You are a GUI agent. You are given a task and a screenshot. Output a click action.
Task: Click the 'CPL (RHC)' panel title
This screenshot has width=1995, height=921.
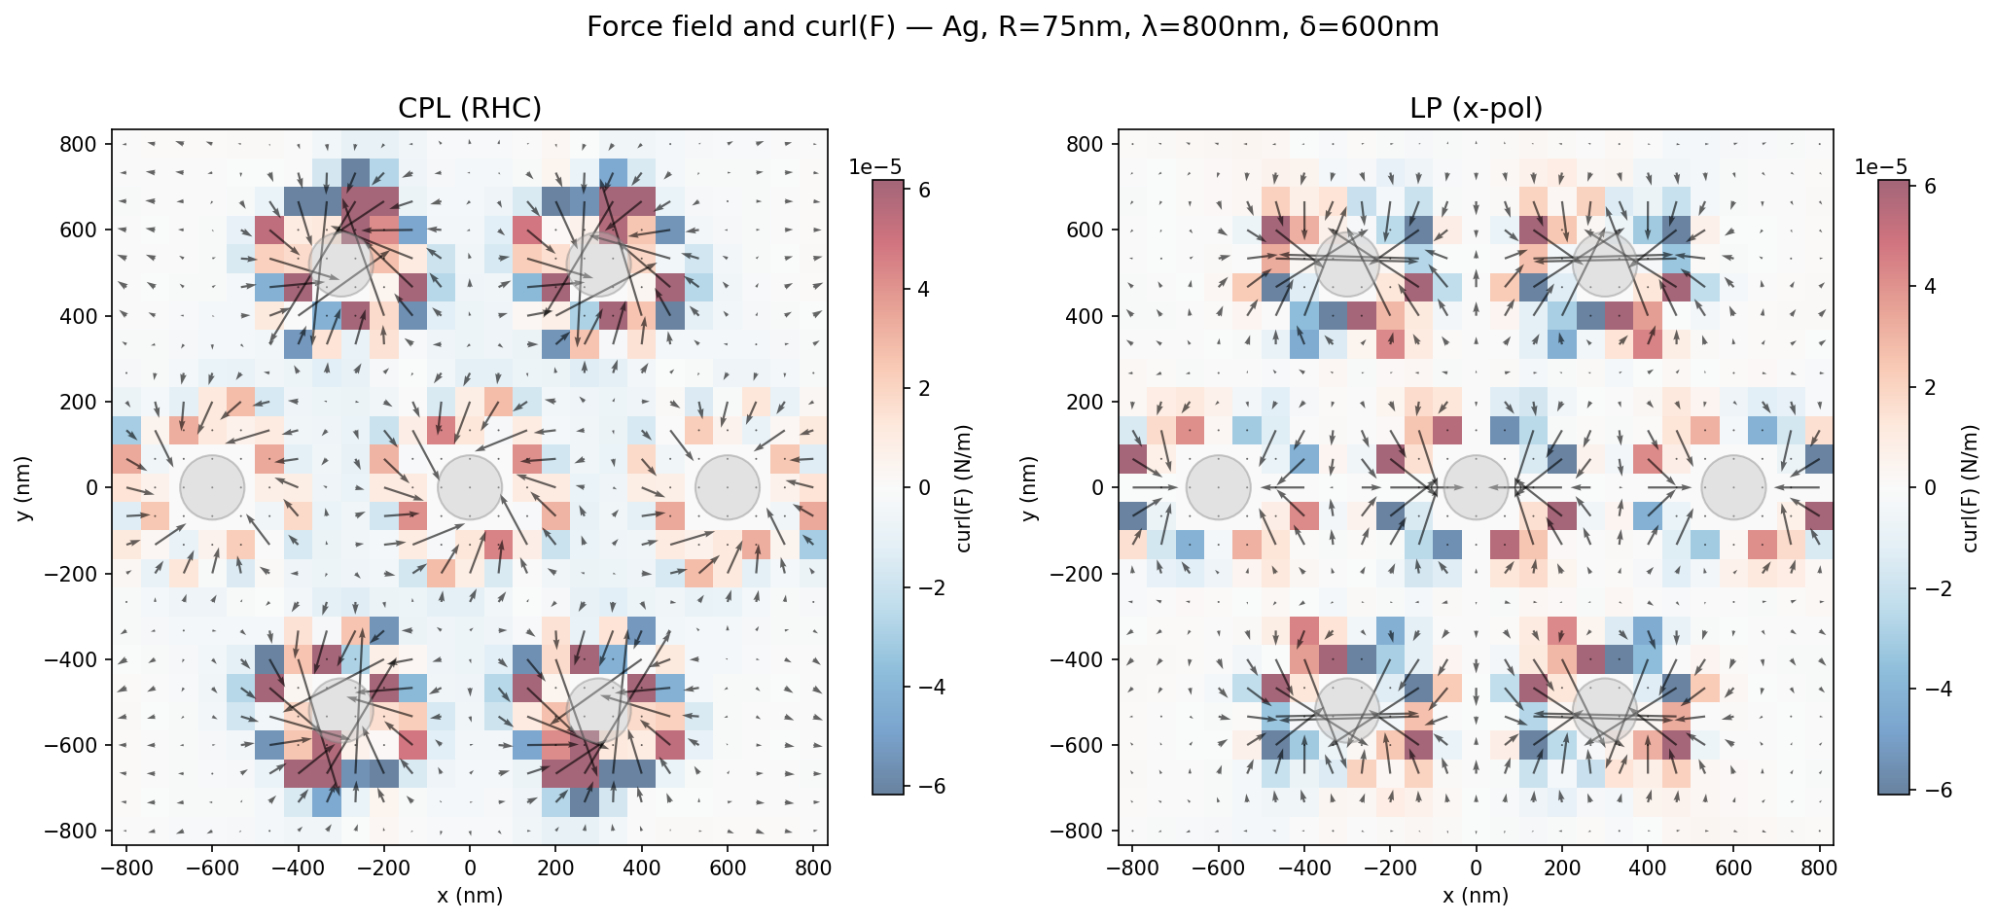pyautogui.click(x=470, y=109)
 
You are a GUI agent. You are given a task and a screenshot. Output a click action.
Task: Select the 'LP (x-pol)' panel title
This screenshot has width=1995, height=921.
pyautogui.click(x=1476, y=109)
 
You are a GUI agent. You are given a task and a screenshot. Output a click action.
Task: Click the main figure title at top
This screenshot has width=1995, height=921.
pyautogui.click(x=1013, y=27)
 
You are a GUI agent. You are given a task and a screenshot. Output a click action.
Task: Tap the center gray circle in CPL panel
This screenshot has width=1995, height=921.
pyautogui.click(x=470, y=486)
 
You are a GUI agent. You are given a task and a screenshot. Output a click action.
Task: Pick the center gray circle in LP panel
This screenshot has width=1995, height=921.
pyautogui.click(x=1476, y=486)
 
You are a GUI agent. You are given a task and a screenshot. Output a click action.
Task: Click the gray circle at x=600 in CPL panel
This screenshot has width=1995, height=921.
pyautogui.click(x=727, y=486)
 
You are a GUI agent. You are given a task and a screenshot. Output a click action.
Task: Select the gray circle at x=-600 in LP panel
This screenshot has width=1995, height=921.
pyautogui.click(x=1219, y=486)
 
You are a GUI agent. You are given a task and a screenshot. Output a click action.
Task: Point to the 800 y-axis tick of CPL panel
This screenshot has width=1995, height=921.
pyautogui.click(x=84, y=144)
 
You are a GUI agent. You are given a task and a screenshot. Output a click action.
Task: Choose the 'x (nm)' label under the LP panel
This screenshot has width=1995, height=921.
pyautogui.click(x=1476, y=896)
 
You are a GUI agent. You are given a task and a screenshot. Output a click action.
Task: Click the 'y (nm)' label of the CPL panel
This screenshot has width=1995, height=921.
pyautogui.click(x=25, y=486)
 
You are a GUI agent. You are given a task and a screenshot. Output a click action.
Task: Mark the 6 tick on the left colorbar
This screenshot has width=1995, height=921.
pyautogui.click(x=924, y=191)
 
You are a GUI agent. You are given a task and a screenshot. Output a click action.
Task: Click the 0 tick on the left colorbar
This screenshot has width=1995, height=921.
pyautogui.click(x=924, y=487)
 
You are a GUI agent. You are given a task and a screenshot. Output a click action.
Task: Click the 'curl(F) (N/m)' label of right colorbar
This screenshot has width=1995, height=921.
pyautogui.click(x=1971, y=486)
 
